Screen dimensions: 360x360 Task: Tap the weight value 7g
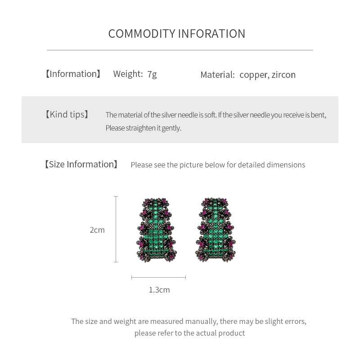coord(152,74)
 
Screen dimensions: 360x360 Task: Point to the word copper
coord(253,75)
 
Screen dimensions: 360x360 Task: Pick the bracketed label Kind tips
coord(67,114)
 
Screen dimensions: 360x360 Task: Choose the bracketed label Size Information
coord(81,164)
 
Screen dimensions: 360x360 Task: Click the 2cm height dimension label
coord(97,230)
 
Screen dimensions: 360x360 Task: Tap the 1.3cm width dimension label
coord(159,290)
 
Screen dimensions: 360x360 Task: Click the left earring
coord(156,229)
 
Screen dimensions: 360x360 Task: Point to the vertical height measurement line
coord(116,229)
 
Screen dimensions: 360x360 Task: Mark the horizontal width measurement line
coord(158,278)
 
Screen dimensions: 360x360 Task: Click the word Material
coord(217,75)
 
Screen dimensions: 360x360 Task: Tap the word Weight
coord(128,74)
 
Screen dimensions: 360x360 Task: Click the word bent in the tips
coord(318,115)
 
